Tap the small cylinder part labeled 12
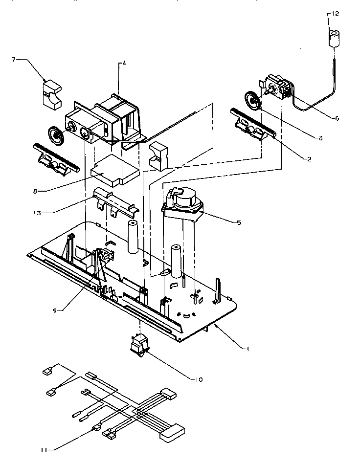tap(334, 38)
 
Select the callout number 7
tap(14, 59)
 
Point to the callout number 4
tap(124, 63)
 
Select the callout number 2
tap(309, 159)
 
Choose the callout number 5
tap(239, 222)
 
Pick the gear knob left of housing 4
tap(56, 134)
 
